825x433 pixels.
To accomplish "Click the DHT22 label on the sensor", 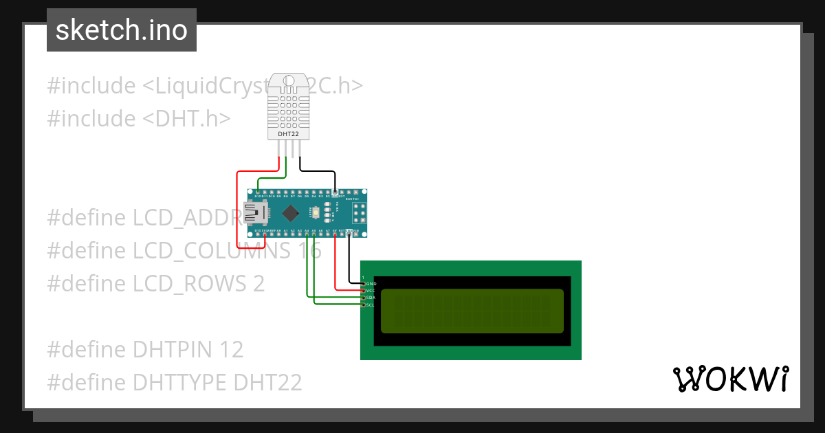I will (x=287, y=134).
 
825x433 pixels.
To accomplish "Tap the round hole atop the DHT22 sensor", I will (x=287, y=82).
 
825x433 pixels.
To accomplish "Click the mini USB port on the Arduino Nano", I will (x=256, y=213).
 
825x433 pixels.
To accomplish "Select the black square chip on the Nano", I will (x=291, y=212).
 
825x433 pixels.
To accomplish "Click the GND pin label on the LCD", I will (x=371, y=283).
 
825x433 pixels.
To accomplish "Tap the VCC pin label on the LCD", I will (x=371, y=291).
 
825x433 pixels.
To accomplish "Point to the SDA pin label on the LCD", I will (x=371, y=298).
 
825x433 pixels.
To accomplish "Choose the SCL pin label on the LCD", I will (x=371, y=305).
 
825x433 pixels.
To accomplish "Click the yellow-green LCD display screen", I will (x=472, y=311).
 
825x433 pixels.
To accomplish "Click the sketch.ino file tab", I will (x=122, y=30).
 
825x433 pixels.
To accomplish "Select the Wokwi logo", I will (x=730, y=379).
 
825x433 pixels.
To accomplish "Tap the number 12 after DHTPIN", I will (x=232, y=349).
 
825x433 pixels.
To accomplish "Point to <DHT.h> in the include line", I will (x=186, y=118).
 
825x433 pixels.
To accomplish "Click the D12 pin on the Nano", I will (x=257, y=192).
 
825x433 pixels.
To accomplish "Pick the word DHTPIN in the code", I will (x=174, y=349).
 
